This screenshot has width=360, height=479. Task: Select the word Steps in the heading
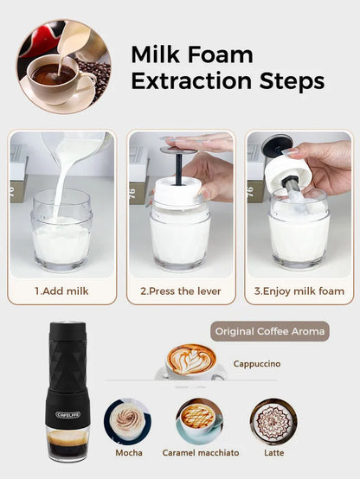[x=292, y=82]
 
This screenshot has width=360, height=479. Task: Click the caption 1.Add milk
[x=61, y=291]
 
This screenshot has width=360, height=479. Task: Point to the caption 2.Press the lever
[x=181, y=291]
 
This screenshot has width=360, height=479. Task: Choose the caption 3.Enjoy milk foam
[x=299, y=291]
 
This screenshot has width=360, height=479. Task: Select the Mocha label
[x=129, y=452]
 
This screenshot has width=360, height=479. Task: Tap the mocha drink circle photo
[x=129, y=420]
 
